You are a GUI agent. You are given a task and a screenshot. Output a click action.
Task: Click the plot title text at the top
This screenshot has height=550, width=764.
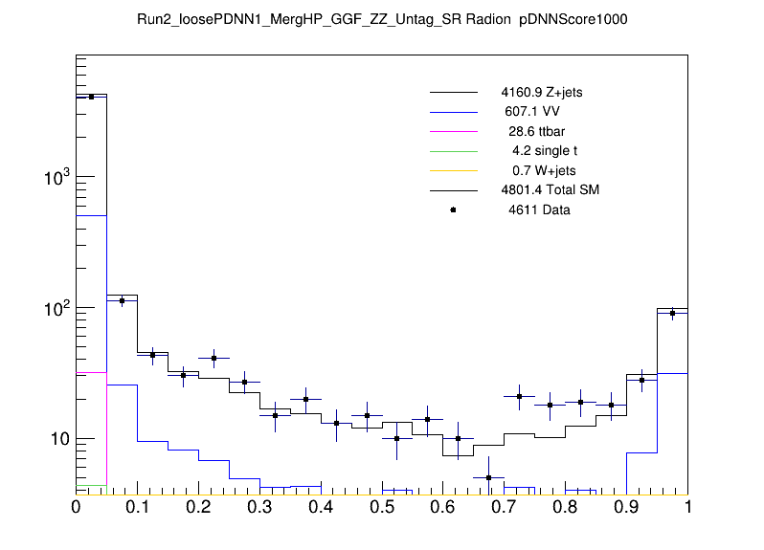click(x=382, y=20)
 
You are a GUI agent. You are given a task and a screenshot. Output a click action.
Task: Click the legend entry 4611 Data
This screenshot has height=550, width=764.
click(x=539, y=209)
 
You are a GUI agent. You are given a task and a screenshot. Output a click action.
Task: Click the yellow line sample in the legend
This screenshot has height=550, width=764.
click(x=453, y=170)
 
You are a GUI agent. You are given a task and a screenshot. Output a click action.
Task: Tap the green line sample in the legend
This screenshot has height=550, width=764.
click(x=453, y=150)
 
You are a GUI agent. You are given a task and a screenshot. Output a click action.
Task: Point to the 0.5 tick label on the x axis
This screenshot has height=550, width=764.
click(x=382, y=508)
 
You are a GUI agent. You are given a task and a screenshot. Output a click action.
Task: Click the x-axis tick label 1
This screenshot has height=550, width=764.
click(x=687, y=508)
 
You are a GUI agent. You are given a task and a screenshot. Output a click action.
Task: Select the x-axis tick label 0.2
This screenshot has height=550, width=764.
click(x=198, y=508)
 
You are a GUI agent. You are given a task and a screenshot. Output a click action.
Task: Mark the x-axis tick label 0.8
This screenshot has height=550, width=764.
click(x=566, y=508)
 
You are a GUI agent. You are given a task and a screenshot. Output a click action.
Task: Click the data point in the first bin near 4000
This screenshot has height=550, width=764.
click(x=91, y=97)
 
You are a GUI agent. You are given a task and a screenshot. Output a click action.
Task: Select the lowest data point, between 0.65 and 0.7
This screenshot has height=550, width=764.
click(x=489, y=477)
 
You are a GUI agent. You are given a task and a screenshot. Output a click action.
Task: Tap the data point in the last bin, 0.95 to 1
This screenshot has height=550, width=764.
click(x=672, y=313)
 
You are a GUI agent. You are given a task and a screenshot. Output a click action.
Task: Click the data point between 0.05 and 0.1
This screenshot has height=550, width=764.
click(x=122, y=300)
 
